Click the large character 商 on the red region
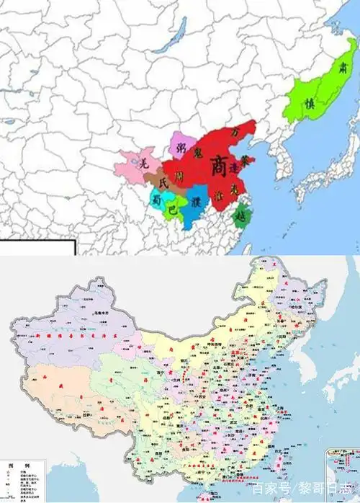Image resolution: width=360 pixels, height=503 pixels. click(x=218, y=166)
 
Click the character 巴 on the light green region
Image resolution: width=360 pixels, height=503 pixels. click(x=171, y=210)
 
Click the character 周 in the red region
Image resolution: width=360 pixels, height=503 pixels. click(x=179, y=177)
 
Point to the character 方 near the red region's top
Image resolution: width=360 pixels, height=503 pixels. click(x=236, y=134)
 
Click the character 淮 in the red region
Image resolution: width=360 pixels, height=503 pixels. click(x=219, y=195)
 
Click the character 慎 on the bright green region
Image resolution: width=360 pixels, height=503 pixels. click(x=312, y=102)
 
